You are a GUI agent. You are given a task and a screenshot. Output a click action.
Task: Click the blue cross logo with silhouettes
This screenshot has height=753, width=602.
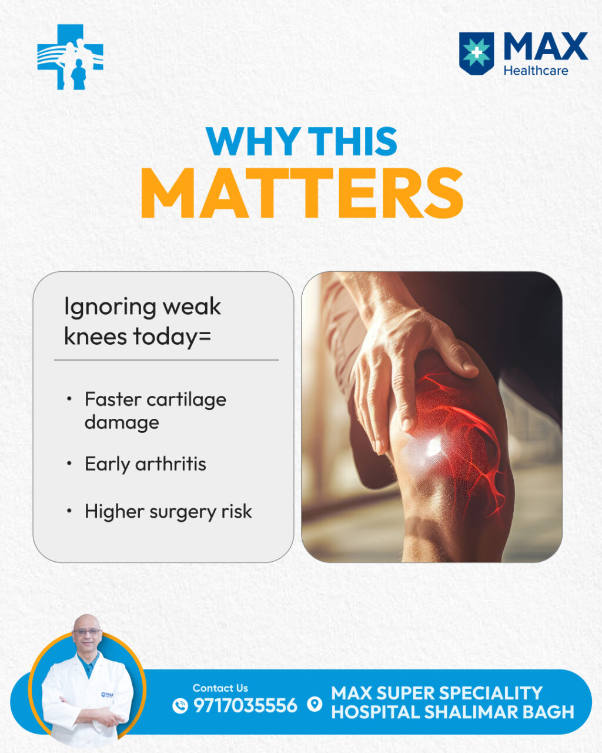70,57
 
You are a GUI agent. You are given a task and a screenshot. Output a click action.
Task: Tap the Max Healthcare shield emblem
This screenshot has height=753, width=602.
476,54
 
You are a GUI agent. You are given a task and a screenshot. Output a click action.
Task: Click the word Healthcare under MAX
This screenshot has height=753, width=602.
536,71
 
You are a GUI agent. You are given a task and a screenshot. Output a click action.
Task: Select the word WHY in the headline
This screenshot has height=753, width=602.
253,141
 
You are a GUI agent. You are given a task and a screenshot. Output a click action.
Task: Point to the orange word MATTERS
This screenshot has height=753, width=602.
302,193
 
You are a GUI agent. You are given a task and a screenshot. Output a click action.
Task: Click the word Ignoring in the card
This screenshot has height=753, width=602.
110,307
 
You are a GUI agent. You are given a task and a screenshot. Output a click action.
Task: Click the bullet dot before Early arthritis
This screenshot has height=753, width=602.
69,464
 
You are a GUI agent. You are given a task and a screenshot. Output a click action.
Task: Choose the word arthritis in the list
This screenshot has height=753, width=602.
170,464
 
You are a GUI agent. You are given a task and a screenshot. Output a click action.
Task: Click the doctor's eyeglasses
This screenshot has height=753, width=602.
87,632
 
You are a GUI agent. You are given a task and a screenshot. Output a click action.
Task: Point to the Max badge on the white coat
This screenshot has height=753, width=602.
107,695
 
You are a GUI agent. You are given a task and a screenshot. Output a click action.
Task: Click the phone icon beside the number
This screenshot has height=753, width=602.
180,705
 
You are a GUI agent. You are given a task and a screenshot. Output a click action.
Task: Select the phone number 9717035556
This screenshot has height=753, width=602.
245,705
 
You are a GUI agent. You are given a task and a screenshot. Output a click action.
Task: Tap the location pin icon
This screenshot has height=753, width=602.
315,704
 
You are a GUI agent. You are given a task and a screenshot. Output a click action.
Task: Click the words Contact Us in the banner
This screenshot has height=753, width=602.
220,688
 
